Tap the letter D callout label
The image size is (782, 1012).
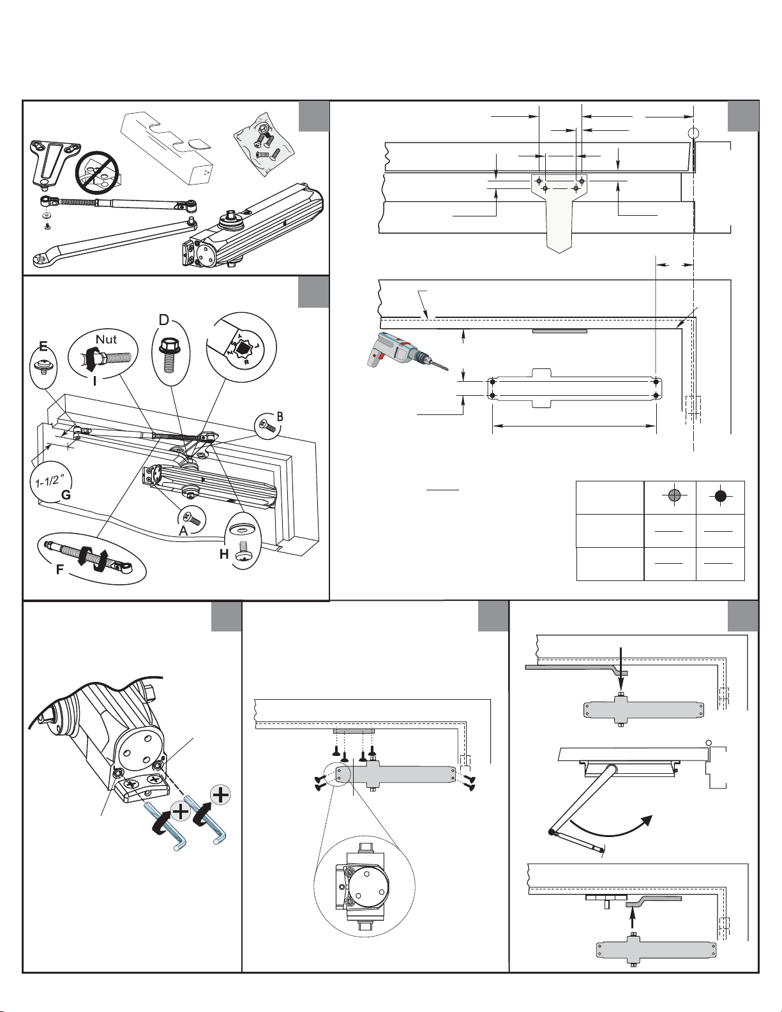[164, 320]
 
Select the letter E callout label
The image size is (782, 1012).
[43, 346]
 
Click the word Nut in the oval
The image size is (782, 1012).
[106, 340]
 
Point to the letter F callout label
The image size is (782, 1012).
[59, 569]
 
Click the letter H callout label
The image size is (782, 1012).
[224, 554]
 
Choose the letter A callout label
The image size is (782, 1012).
[183, 531]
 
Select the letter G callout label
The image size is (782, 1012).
[66, 495]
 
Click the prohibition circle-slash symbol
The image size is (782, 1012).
[97, 172]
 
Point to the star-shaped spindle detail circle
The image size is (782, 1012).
[242, 347]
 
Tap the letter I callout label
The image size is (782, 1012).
[94, 381]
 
